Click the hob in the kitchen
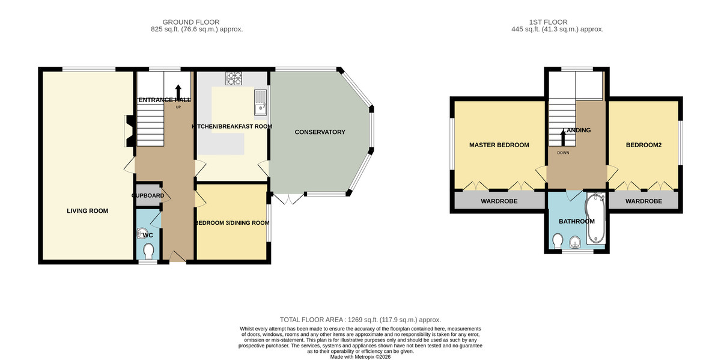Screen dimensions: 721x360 pos(234,78)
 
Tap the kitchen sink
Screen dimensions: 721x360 pos(260,102)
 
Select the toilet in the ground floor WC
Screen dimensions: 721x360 pos(148,251)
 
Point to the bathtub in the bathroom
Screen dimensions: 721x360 pos(596,218)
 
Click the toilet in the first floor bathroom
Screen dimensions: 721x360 pos(558,241)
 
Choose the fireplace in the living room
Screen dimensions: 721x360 pos(129,131)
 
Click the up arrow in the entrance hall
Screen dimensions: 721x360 pos(178,93)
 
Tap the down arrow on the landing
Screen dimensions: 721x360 pos(563,138)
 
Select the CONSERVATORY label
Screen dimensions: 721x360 pos(320,132)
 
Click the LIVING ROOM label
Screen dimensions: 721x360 pos(88,211)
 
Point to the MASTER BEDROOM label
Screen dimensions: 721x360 pos(499,145)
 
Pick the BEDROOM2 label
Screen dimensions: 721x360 pos(643,145)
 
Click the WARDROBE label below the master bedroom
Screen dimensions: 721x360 pos(499,201)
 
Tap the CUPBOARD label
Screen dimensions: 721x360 pos(148,195)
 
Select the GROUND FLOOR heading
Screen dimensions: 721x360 pos(191,22)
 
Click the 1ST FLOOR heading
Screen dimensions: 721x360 pos(549,22)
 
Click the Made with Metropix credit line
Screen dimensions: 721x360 pos(360,357)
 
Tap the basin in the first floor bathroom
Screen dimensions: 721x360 pos(575,242)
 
